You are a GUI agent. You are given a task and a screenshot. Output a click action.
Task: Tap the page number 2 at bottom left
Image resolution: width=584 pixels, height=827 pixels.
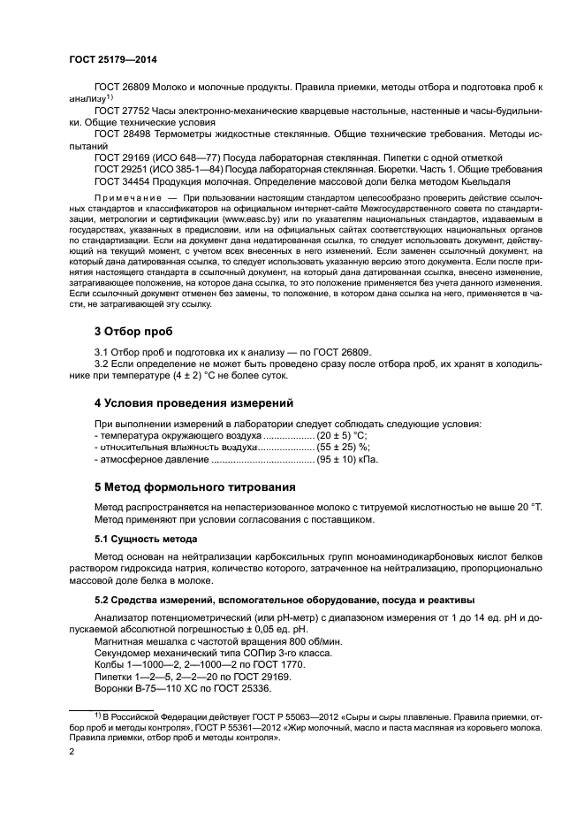coord(72,752)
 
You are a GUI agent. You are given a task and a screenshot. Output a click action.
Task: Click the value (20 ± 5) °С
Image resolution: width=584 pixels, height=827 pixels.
coord(341,436)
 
